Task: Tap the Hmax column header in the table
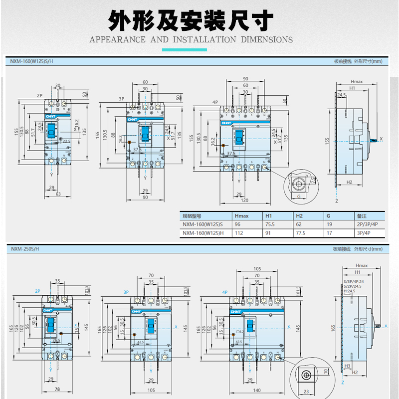pyautogui.click(x=241, y=216)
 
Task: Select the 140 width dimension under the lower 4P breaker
pyautogui.click(x=257, y=391)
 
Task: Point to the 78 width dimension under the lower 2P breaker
pyautogui.click(x=57, y=389)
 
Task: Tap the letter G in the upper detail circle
pyautogui.click(x=298, y=197)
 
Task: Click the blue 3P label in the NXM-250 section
pyautogui.click(x=127, y=292)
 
